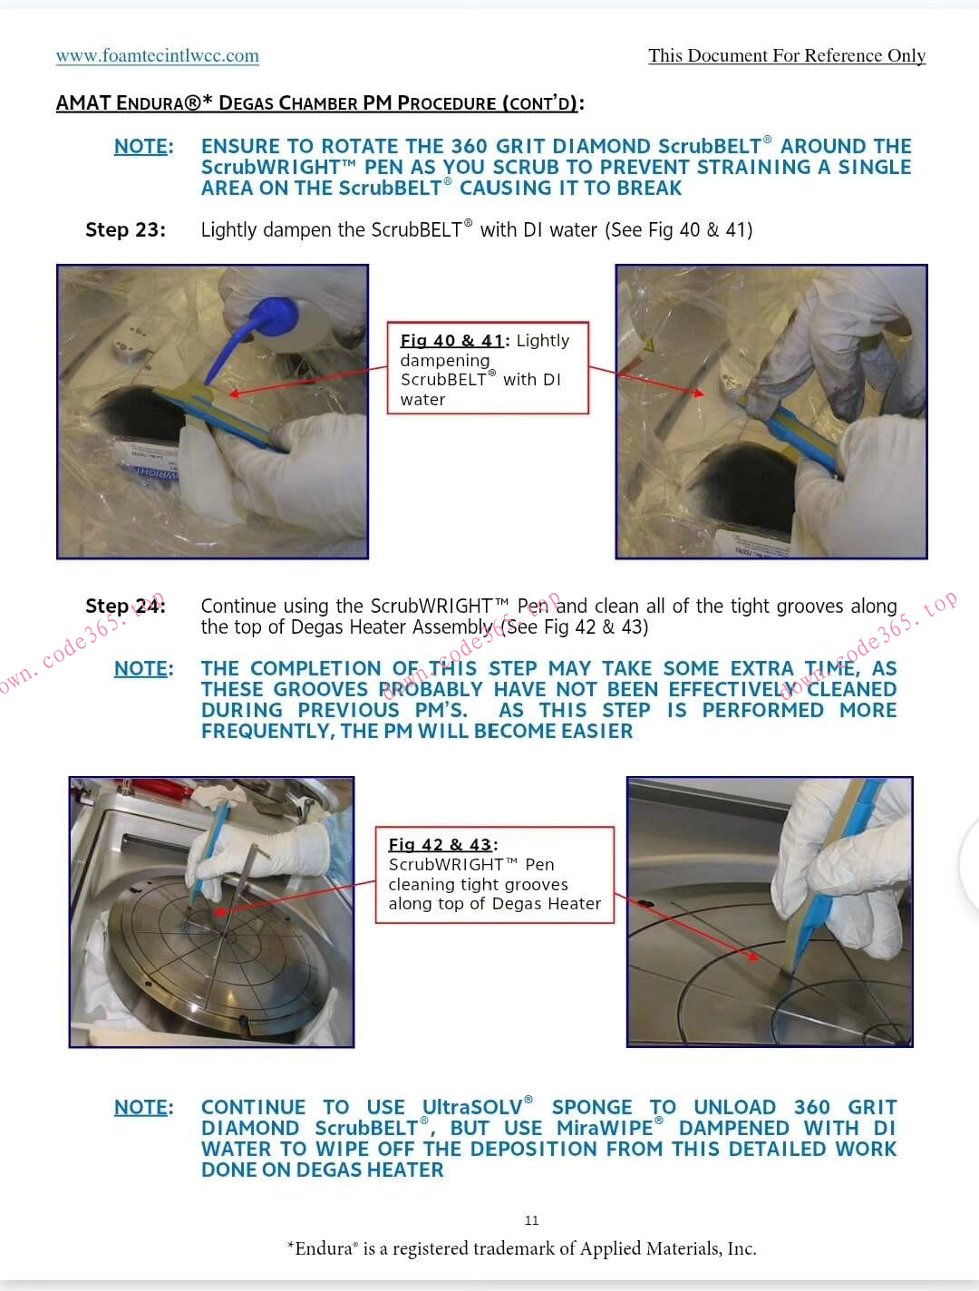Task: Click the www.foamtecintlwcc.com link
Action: tap(158, 56)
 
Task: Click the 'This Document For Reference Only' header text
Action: tap(787, 56)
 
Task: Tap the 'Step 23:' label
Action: tap(125, 229)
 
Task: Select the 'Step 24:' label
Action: tap(125, 606)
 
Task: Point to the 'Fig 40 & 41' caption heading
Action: tap(452, 341)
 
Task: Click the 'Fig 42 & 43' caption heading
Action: tap(441, 845)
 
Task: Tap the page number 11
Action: tap(531, 1220)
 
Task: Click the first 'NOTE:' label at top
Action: tap(144, 146)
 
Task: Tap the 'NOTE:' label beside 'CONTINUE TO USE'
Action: tap(144, 1107)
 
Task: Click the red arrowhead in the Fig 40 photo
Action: tap(235, 393)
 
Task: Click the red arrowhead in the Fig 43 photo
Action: tap(752, 957)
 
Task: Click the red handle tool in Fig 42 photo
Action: tap(156, 787)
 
